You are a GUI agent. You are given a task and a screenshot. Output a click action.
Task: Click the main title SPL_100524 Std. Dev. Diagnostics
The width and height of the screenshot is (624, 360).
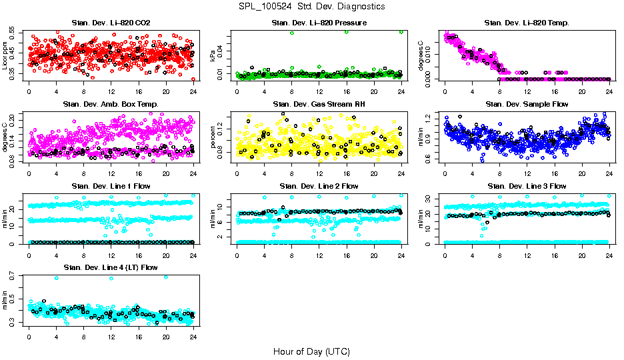(311, 6)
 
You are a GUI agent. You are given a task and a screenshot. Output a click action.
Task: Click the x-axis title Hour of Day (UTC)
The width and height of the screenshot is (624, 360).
(311, 351)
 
